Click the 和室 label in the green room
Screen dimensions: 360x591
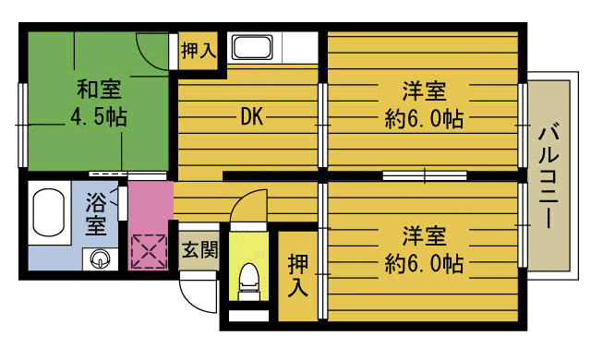tap(98, 90)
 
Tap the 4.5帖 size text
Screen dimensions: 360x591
tap(98, 118)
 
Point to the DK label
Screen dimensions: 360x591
tap(253, 117)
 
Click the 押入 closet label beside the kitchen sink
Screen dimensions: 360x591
tap(198, 50)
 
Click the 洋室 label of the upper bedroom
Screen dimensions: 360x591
tap(424, 92)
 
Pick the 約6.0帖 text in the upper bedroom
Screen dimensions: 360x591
tap(424, 119)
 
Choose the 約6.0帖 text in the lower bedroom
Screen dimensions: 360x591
tap(424, 264)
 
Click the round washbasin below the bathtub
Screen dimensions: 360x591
tap(99, 259)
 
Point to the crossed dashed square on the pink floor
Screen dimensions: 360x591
tap(147, 251)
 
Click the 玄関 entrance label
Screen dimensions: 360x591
tap(197, 248)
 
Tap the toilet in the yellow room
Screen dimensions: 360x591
tap(247, 278)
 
